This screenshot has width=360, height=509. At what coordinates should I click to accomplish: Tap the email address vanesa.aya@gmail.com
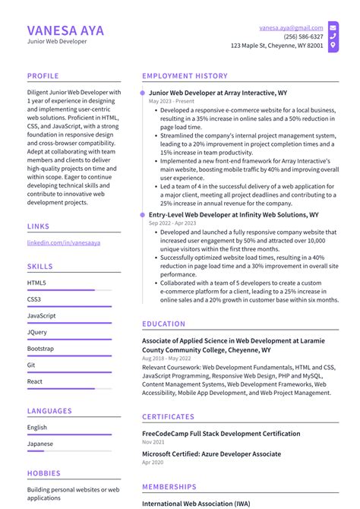(x=291, y=27)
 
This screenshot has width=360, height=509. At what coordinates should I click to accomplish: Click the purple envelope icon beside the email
(x=333, y=27)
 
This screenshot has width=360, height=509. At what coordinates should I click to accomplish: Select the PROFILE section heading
(x=44, y=76)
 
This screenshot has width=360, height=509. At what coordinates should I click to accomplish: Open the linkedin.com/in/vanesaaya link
(x=64, y=242)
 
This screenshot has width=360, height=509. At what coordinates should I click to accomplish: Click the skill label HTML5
(x=36, y=283)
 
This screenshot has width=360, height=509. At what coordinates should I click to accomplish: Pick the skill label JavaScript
(x=41, y=315)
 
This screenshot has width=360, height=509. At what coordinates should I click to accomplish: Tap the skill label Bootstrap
(x=40, y=349)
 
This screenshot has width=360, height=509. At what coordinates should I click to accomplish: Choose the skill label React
(x=35, y=381)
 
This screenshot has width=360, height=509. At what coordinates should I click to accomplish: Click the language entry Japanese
(x=39, y=444)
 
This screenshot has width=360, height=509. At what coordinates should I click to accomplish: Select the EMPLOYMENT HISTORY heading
(x=185, y=76)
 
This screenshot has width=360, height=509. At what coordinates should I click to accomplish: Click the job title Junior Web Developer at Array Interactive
(x=218, y=93)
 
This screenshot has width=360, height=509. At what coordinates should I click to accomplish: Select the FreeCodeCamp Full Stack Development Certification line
(x=221, y=433)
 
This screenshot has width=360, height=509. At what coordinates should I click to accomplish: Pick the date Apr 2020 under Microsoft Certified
(x=153, y=462)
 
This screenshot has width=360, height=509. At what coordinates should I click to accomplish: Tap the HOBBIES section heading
(x=43, y=473)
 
